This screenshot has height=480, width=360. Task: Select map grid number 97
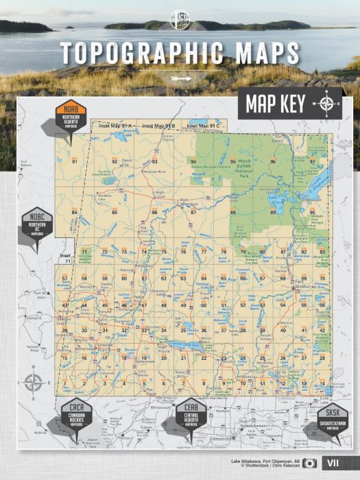coord(312,162)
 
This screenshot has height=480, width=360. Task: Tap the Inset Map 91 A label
coord(115,126)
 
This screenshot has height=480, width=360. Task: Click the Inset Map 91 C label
coord(204,126)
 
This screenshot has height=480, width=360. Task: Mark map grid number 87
coord(193,213)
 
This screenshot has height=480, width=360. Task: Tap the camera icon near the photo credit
coord(310,463)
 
